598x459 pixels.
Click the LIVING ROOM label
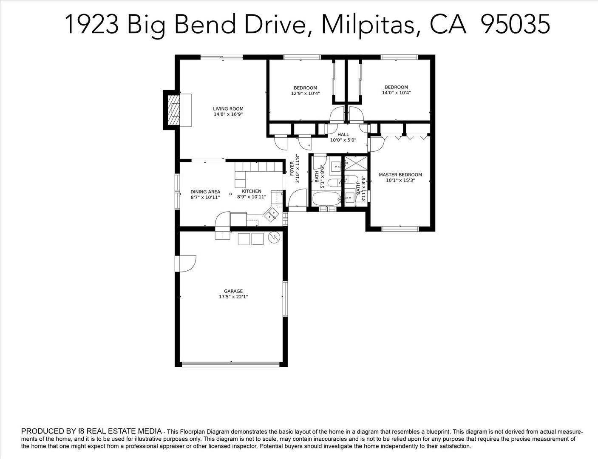(x=228, y=109)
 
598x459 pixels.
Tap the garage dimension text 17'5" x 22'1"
(x=233, y=297)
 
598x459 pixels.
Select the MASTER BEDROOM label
(x=400, y=175)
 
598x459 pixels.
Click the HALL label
(x=343, y=135)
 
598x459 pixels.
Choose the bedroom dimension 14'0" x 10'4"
(x=396, y=93)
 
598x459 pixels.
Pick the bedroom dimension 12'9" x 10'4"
(x=306, y=93)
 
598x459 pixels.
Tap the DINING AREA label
(x=205, y=192)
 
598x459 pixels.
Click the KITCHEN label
(x=252, y=191)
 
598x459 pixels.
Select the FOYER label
(x=292, y=168)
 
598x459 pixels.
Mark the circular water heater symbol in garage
(x=275, y=237)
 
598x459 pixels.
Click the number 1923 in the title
(x=93, y=25)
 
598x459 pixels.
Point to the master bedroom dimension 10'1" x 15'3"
(x=400, y=181)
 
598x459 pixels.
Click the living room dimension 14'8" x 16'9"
(x=228, y=114)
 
